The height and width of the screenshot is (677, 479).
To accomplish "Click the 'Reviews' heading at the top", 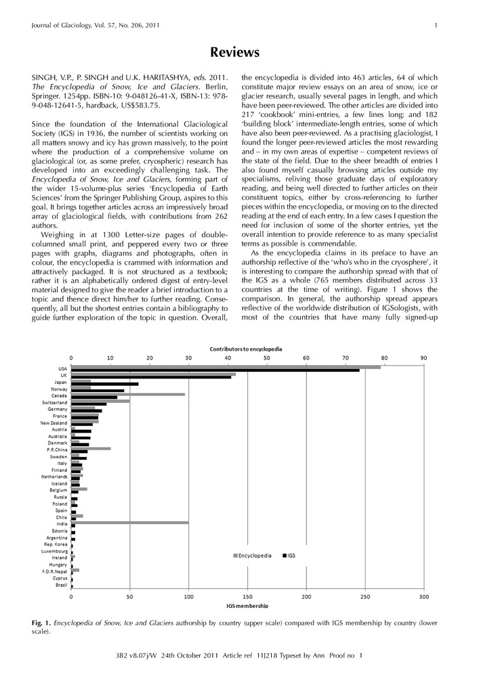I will (234, 53).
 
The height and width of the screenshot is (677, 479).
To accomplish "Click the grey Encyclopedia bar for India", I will (129, 523).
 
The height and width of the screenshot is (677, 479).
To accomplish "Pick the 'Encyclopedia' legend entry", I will (253, 555).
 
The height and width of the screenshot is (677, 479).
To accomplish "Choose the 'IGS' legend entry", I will (287, 555).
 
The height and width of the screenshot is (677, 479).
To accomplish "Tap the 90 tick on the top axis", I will (423, 357).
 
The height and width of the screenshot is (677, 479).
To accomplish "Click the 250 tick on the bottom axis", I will (365, 596).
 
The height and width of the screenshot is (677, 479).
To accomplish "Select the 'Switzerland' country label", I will (54, 402).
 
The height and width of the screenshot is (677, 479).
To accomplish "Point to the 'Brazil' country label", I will (61, 584).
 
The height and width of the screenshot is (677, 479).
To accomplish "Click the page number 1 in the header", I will (436, 26).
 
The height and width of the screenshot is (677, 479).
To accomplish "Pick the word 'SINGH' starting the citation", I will (44, 77).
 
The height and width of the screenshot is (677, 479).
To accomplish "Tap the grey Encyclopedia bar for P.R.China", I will (91, 448).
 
